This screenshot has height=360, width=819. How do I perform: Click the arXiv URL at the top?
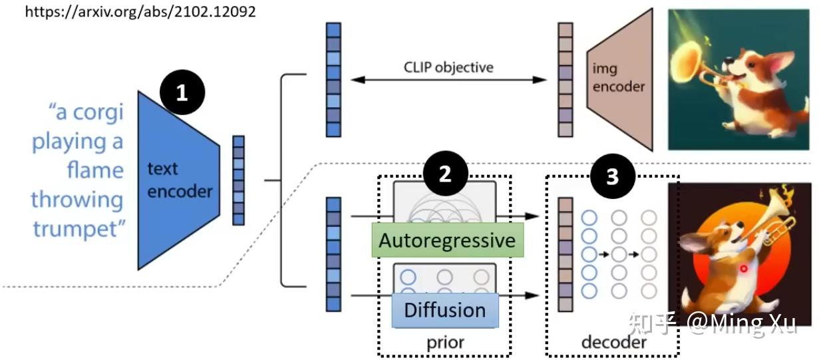click(x=140, y=12)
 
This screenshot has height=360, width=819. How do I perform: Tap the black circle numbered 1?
click(x=182, y=92)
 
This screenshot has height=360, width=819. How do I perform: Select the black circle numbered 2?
click(x=445, y=173)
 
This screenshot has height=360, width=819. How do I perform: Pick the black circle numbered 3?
click(x=613, y=176)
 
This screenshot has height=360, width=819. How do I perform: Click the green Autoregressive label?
click(x=448, y=240)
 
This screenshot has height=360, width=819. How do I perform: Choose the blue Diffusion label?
click(x=445, y=310)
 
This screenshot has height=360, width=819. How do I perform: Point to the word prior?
click(x=445, y=343)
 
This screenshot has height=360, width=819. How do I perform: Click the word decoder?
click(x=614, y=342)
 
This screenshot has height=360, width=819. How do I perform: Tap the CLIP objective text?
click(x=448, y=67)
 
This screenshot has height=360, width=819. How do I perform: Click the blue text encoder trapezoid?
click(x=178, y=180)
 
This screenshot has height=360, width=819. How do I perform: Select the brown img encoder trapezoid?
click(x=620, y=79)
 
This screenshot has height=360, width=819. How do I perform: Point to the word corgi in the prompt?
click(x=98, y=112)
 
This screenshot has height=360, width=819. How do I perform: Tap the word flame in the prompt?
click(x=95, y=170)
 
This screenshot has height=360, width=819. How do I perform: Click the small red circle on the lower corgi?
click(x=743, y=269)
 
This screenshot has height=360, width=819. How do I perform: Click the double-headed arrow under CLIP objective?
click(x=448, y=80)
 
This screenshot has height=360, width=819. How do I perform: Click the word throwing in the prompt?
click(x=77, y=200)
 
